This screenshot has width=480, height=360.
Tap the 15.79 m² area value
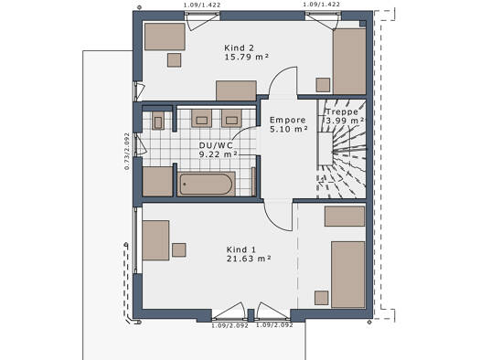click(247, 58)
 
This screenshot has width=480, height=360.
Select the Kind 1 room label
click(241, 249)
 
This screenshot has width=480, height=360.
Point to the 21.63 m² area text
click(249, 259)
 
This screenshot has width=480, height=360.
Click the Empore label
click(288, 120)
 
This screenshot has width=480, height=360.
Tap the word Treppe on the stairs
click(342, 112)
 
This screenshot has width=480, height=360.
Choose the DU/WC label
click(216, 145)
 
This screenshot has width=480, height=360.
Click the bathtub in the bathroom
click(206, 184)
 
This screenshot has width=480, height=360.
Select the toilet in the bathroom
click(158, 121)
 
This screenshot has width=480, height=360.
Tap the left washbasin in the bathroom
click(201, 119)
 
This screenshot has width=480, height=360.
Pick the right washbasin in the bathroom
click(231, 119)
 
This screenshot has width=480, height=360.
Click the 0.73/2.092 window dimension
click(127, 151)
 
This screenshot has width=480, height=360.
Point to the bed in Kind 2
click(349, 61)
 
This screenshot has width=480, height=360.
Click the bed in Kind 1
click(348, 275)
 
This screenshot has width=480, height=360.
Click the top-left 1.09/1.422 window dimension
click(202, 5)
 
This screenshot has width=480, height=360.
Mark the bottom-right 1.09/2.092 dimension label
click(274, 325)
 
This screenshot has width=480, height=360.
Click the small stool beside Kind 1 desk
click(179, 249)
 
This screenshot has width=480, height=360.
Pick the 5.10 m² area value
click(288, 129)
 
